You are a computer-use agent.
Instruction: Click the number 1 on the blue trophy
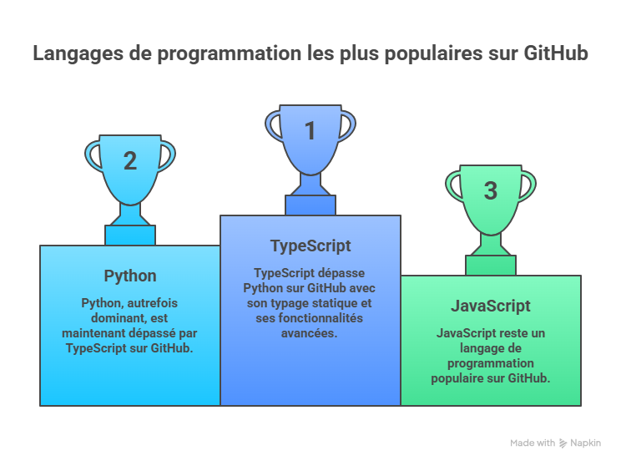(x=310, y=131)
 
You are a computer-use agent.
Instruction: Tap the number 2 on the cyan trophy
(x=130, y=161)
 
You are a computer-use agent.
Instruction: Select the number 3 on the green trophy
(x=491, y=190)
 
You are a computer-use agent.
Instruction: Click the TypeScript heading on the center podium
(x=310, y=246)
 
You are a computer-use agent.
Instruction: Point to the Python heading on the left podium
(x=130, y=276)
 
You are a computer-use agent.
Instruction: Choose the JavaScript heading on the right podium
(x=491, y=306)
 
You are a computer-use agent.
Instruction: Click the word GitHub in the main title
(x=556, y=53)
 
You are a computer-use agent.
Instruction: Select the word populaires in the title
(x=434, y=54)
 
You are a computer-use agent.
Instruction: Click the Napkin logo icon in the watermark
(x=563, y=443)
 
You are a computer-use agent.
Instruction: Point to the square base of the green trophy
(x=491, y=266)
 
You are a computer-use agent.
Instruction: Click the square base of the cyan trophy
(x=130, y=236)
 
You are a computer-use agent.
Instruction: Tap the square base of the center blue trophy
(x=310, y=205)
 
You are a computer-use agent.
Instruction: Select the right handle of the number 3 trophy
(x=530, y=186)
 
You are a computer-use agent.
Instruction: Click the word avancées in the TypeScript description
(x=310, y=334)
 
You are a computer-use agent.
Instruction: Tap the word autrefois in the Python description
(x=153, y=303)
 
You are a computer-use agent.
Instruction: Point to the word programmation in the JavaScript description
(x=491, y=364)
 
